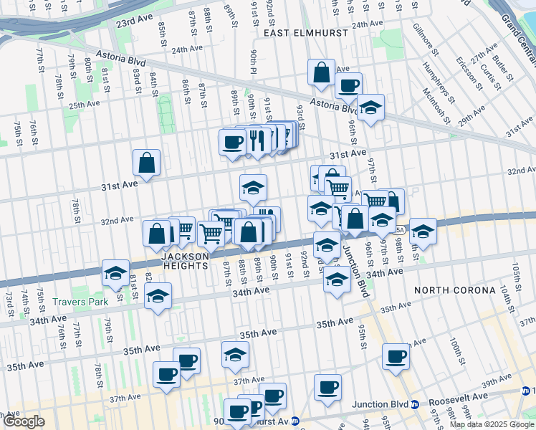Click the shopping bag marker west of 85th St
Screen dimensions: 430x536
click(x=147, y=163)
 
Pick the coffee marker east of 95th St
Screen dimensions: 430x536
click(x=396, y=356)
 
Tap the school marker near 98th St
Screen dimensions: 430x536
click(x=423, y=231)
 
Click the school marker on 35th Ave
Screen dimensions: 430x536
click(x=235, y=354)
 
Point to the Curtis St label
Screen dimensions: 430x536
click(x=489, y=74)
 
